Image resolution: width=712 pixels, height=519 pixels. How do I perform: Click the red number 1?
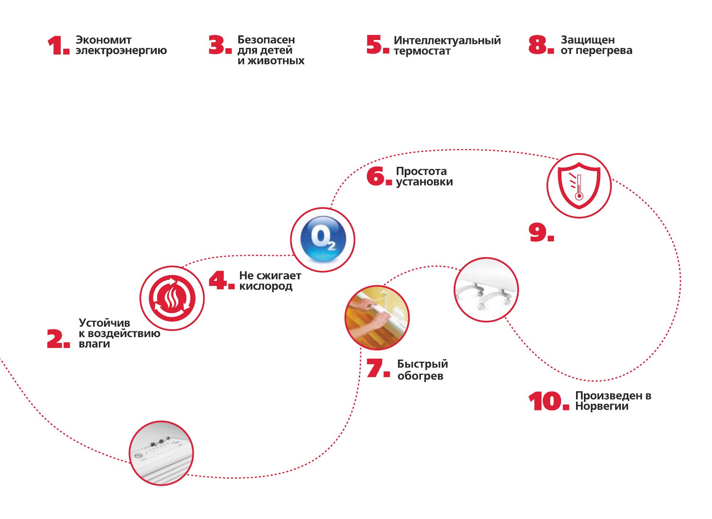click(x=56, y=45)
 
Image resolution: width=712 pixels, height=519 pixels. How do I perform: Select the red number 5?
click(x=375, y=45)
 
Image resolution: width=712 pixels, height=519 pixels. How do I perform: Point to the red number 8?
click(x=538, y=45)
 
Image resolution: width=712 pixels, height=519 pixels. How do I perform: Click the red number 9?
click(x=538, y=232)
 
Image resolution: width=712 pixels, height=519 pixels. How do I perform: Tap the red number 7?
click(x=375, y=368)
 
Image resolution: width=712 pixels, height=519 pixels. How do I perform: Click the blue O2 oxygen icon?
click(x=323, y=239)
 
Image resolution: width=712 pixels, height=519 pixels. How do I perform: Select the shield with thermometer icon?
click(x=579, y=186)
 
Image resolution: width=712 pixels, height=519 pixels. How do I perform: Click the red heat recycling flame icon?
click(x=172, y=298)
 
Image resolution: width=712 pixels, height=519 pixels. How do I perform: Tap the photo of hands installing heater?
click(x=377, y=318)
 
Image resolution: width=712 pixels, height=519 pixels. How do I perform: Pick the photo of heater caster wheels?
click(x=486, y=290)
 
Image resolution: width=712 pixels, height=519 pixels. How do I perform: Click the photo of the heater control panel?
click(x=161, y=453)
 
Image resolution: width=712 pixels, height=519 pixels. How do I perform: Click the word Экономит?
click(x=104, y=40)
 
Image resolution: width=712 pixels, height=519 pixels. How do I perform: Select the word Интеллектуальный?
click(x=447, y=40)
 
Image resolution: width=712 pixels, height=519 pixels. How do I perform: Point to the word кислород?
click(x=266, y=286)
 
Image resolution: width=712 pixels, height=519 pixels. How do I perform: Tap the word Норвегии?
click(x=602, y=406)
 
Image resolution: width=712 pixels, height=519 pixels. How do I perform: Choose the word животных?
click(x=276, y=61)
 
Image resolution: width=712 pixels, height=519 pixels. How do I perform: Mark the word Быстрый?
click(x=423, y=364)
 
